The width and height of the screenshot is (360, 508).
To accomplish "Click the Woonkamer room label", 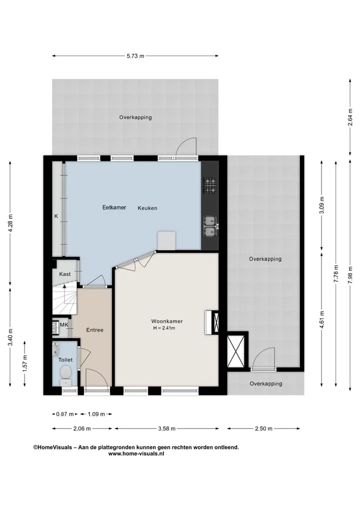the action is click(167, 321).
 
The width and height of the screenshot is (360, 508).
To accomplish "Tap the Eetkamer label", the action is click(114, 207).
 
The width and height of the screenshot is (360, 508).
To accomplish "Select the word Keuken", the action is click(147, 208).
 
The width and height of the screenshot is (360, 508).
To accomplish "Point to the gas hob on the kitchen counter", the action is click(210, 186).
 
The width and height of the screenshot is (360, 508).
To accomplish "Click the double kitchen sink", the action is click(211, 226).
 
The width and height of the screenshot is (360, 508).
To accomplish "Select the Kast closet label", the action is click(65, 274).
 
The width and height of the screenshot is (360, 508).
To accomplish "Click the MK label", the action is click(64, 325).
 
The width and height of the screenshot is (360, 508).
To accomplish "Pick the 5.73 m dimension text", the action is click(135, 56).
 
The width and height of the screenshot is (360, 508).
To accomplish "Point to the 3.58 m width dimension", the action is click(166, 429).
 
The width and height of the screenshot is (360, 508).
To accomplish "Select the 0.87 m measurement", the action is click(65, 414).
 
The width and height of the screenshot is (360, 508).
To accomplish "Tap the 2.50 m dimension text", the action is click(263, 429).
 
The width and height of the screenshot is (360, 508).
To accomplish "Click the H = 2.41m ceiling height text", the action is click(164, 328).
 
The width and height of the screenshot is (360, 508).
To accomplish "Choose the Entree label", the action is click(94, 330).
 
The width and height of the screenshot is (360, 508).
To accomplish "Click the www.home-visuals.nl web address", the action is click(136, 454).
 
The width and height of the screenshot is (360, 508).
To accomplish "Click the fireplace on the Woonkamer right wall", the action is click(212, 322).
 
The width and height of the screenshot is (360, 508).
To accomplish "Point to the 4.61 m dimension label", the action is click(321, 320).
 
